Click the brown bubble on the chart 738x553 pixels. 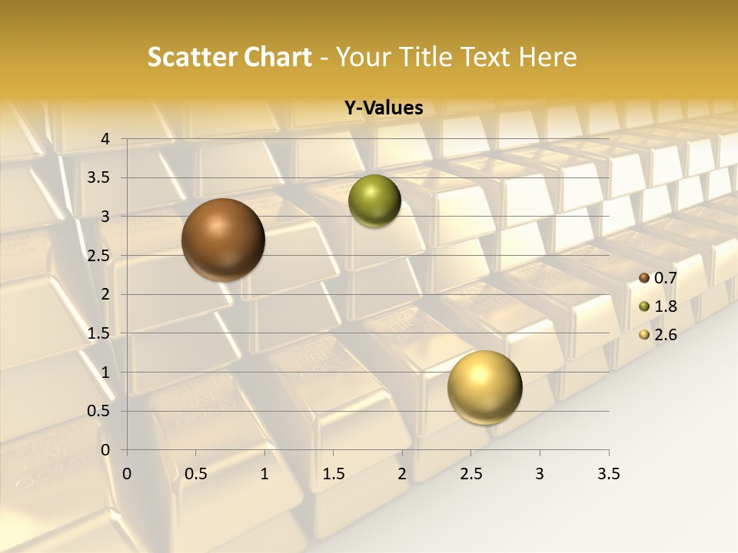(x=223, y=239)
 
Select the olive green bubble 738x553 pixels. (x=374, y=200)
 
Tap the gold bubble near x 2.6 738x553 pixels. (x=484, y=387)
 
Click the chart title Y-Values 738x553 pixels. (x=384, y=108)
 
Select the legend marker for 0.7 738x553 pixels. (x=644, y=278)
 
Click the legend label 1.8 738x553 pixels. (x=665, y=306)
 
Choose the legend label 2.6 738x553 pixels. (x=665, y=335)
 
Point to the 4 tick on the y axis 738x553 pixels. (x=106, y=139)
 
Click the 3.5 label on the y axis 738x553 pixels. (x=99, y=178)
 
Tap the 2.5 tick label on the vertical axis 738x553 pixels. (x=99, y=256)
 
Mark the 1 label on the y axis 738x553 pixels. (x=106, y=372)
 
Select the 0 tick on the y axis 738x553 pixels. (x=106, y=449)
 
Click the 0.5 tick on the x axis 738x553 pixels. (x=196, y=474)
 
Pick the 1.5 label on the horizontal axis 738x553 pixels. (x=334, y=474)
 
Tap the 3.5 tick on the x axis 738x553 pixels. (x=608, y=474)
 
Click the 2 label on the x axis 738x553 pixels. (x=402, y=474)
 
